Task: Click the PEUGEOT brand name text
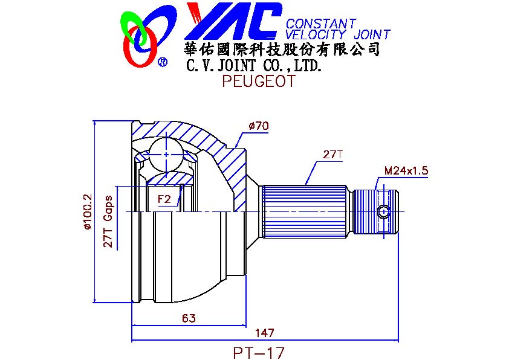[259, 81]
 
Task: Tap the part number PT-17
[259, 353]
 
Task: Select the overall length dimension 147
[265, 333]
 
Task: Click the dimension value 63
[189, 318]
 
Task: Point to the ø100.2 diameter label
[88, 212]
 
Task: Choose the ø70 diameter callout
[259, 126]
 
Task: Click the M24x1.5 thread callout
[406, 170]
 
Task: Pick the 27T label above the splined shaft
[333, 155]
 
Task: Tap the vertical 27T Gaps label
[108, 222]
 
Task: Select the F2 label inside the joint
[164, 199]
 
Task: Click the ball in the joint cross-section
[166, 155]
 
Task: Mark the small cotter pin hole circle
[384, 212]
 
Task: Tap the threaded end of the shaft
[375, 212]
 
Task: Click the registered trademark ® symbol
[162, 62]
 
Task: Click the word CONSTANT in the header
[321, 24]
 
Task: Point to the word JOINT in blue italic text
[372, 34]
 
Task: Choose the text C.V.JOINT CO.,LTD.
[254, 65]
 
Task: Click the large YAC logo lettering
[234, 21]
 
